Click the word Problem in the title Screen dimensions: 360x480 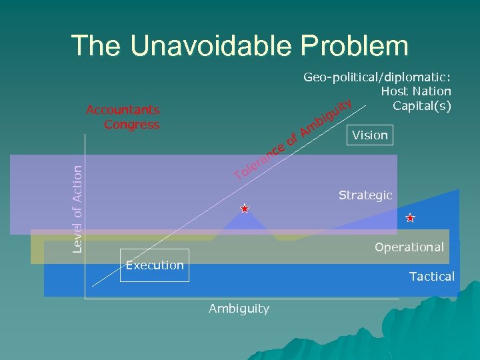pyautogui.click(x=355, y=46)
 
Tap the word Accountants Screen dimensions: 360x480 pyautogui.click(x=123, y=110)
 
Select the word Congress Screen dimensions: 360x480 pyautogui.click(x=132, y=124)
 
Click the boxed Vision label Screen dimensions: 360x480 pyautogui.click(x=369, y=135)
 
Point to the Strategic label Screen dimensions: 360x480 pyautogui.click(x=365, y=195)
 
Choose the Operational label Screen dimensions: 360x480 pyautogui.click(x=409, y=247)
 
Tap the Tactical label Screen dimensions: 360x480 pyautogui.click(x=431, y=276)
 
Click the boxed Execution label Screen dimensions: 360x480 pyautogui.click(x=155, y=265)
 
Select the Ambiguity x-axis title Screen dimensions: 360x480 pyautogui.click(x=239, y=308)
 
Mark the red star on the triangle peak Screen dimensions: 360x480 pyautogui.click(x=245, y=209)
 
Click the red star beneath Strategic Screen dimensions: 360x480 pyautogui.click(x=410, y=218)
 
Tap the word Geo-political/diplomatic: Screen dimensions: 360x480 pyautogui.click(x=377, y=77)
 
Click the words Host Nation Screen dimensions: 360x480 pyautogui.click(x=416, y=91)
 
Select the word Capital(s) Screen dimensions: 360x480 pyautogui.click(x=422, y=105)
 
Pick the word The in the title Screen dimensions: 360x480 pyautogui.click(x=95, y=46)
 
